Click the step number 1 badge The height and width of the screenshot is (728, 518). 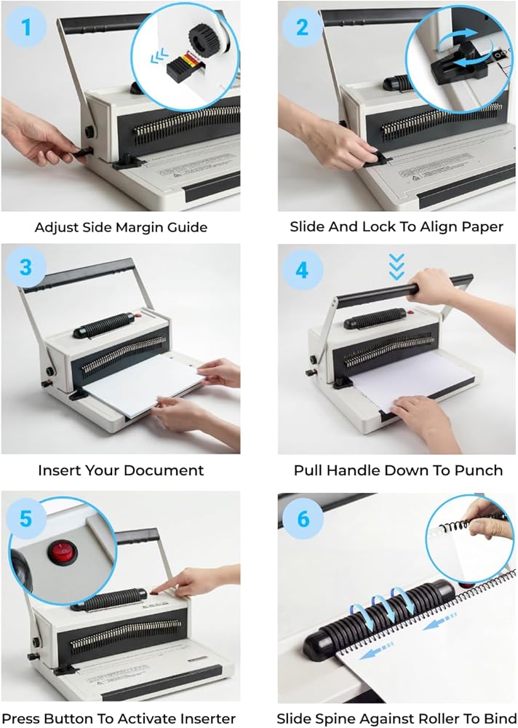pos(26,27)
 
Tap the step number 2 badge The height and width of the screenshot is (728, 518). pos(302,27)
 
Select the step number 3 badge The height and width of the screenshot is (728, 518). pos(26,268)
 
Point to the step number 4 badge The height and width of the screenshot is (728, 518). pos(302,269)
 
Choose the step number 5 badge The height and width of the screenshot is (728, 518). pos(26,518)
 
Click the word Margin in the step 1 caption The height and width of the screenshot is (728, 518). pos(139,228)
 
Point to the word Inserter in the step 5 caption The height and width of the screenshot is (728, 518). pos(208,719)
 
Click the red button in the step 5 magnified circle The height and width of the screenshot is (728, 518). pos(62,552)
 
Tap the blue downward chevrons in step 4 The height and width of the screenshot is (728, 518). pos(397,267)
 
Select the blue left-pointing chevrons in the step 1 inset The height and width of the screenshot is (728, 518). pos(159,57)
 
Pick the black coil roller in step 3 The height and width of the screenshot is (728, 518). pos(103,325)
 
